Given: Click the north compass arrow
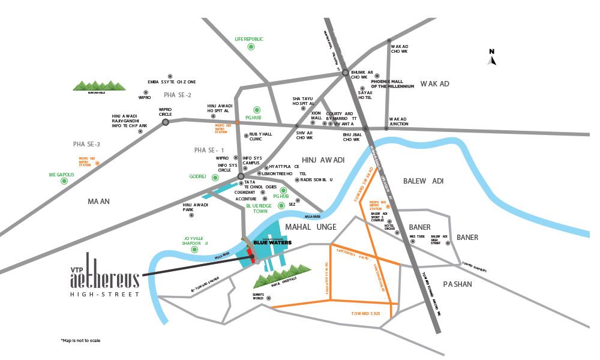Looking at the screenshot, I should tap(491, 59).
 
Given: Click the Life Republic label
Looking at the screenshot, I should tap(249, 39).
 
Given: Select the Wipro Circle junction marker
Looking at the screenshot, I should tap(166, 122).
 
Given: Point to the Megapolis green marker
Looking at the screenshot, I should tap(62, 182).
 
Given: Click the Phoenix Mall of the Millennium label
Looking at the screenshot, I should tap(392, 84).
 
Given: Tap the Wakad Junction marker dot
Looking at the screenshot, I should tap(386, 128).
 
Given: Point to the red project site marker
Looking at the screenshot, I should tap(253, 259).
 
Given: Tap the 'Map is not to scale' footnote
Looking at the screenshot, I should tap(80, 340).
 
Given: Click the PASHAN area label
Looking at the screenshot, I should tap(457, 284).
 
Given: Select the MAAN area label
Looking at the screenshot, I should tap(99, 202).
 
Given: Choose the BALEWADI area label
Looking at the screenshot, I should tap(423, 180).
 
